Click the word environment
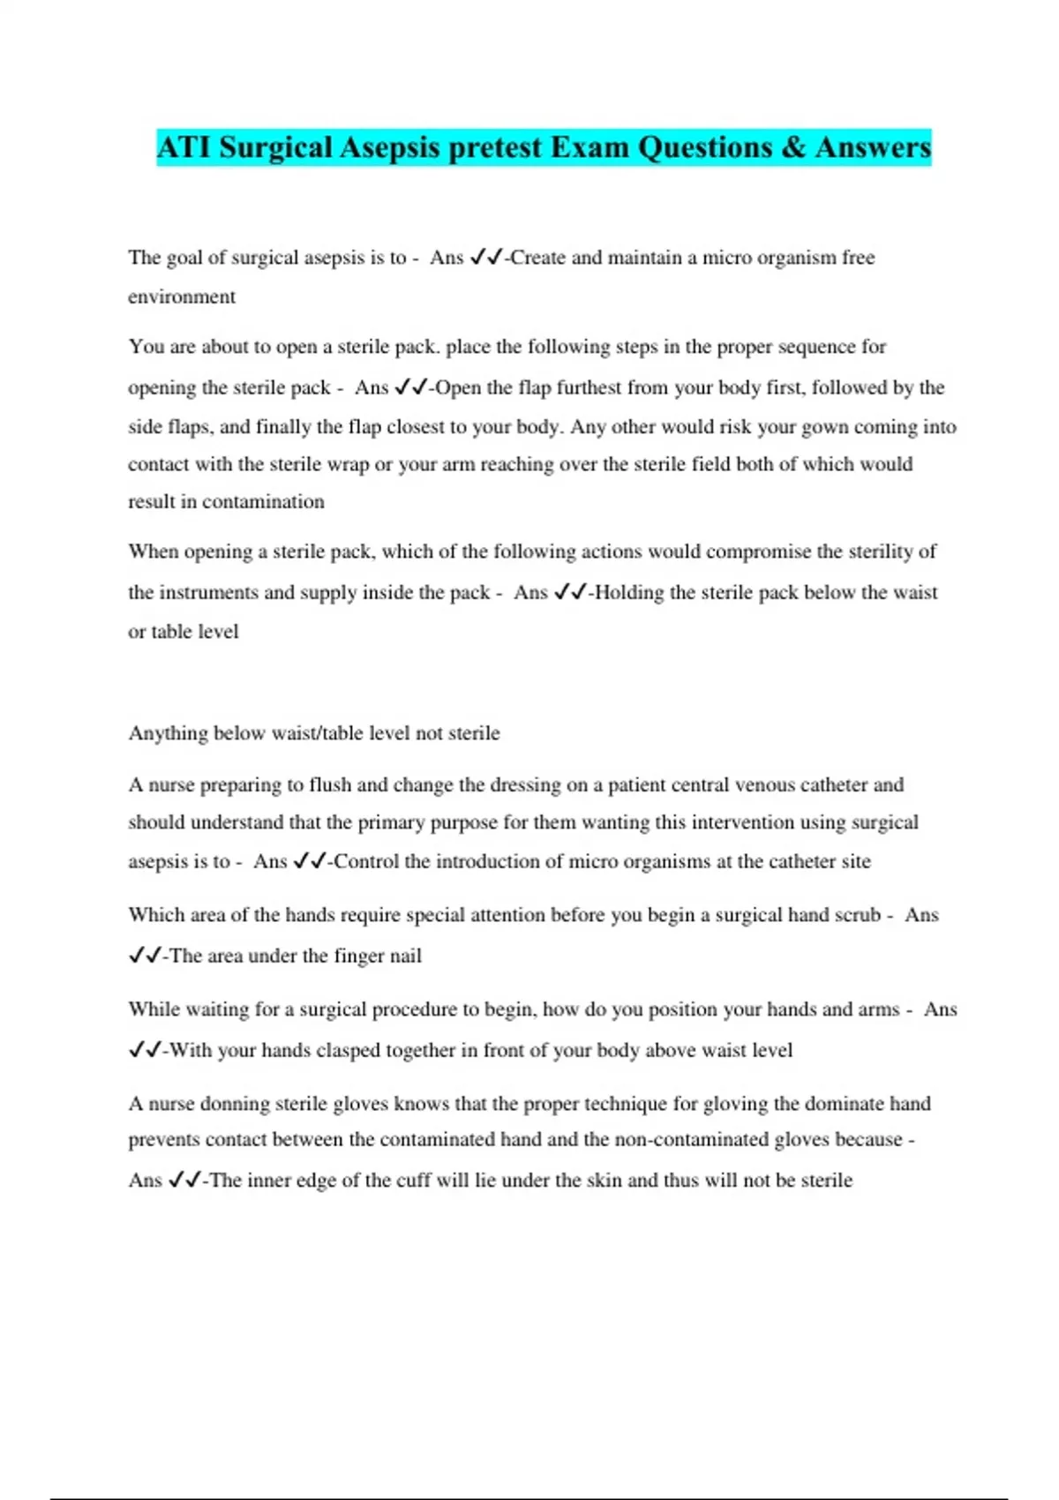tap(182, 296)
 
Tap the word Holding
tap(629, 592)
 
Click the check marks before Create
tap(486, 258)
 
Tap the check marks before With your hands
tap(146, 1050)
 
